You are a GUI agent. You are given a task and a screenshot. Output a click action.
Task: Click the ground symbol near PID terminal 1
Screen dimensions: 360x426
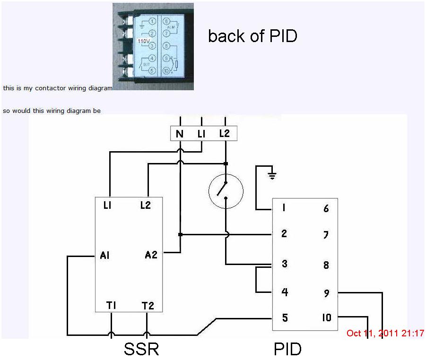[x=272, y=176]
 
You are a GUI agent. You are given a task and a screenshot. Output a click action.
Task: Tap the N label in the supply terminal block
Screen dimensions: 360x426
[x=180, y=134]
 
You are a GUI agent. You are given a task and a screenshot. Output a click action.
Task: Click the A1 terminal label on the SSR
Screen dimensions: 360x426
[x=105, y=255]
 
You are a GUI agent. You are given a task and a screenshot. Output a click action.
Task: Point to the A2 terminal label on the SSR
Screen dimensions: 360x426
[x=151, y=255]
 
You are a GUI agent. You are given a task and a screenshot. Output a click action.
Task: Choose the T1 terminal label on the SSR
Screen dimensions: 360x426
[x=112, y=306]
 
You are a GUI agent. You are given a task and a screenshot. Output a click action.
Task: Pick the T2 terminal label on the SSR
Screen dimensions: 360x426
[x=148, y=306]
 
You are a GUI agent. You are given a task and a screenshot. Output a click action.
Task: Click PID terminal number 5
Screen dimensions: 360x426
[x=285, y=317]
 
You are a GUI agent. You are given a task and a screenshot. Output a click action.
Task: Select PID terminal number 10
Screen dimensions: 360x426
[x=327, y=317]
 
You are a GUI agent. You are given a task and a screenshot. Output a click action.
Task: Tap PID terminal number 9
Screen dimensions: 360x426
[x=326, y=293]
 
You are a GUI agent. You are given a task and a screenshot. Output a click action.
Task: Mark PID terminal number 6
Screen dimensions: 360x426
[x=326, y=208]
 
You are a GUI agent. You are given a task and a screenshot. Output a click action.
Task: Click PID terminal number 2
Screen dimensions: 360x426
[x=284, y=234]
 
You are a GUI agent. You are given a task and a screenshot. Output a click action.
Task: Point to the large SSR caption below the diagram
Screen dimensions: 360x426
[x=141, y=349]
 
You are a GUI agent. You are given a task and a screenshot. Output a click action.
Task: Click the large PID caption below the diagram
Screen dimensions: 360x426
[x=287, y=349]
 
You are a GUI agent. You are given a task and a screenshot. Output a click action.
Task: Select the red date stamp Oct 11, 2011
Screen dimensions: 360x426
[x=385, y=334]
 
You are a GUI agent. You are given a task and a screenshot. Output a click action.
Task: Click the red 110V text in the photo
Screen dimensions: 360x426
[x=143, y=41]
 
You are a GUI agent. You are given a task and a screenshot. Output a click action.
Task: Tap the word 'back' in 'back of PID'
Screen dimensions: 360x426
[x=224, y=36]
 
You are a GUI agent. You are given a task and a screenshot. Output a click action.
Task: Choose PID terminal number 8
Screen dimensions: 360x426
[x=326, y=265]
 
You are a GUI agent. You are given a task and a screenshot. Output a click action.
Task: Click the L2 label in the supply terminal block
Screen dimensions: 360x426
[x=224, y=134]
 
